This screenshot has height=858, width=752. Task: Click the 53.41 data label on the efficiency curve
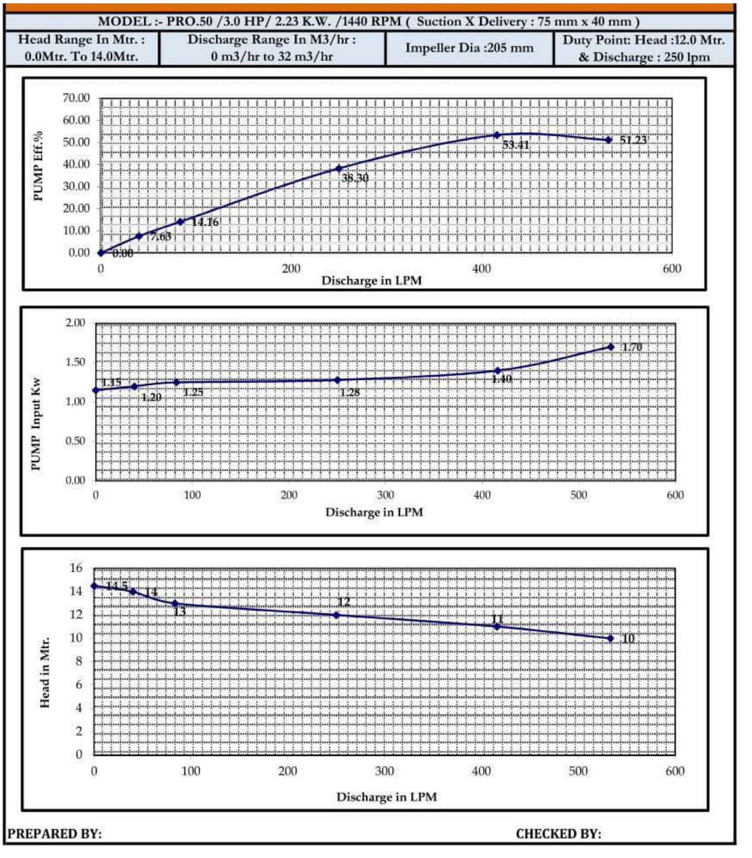(x=515, y=145)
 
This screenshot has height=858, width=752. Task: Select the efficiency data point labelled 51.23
(x=608, y=140)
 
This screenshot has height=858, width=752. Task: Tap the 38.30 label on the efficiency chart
(x=354, y=178)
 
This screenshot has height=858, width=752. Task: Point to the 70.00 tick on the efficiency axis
(x=76, y=98)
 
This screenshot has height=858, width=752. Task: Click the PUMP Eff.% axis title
(x=38, y=166)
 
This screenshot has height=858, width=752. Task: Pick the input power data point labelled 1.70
(x=611, y=347)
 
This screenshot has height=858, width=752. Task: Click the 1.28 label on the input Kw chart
(x=349, y=392)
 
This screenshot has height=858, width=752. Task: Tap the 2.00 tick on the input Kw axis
(x=75, y=323)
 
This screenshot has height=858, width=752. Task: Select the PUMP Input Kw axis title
(x=36, y=424)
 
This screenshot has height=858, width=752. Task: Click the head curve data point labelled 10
(x=610, y=638)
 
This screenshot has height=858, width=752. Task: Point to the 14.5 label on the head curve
(x=117, y=585)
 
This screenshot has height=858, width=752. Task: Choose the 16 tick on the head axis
(x=75, y=568)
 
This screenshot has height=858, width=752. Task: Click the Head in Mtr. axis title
(x=45, y=673)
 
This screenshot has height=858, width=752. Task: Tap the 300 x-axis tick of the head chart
(x=384, y=771)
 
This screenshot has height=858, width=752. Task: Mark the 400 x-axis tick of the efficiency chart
(x=481, y=269)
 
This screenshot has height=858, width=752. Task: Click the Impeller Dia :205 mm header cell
(x=469, y=48)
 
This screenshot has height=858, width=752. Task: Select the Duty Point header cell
(x=644, y=49)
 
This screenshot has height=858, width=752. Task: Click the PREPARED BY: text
(x=54, y=834)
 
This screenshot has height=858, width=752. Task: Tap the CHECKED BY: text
(x=558, y=834)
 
